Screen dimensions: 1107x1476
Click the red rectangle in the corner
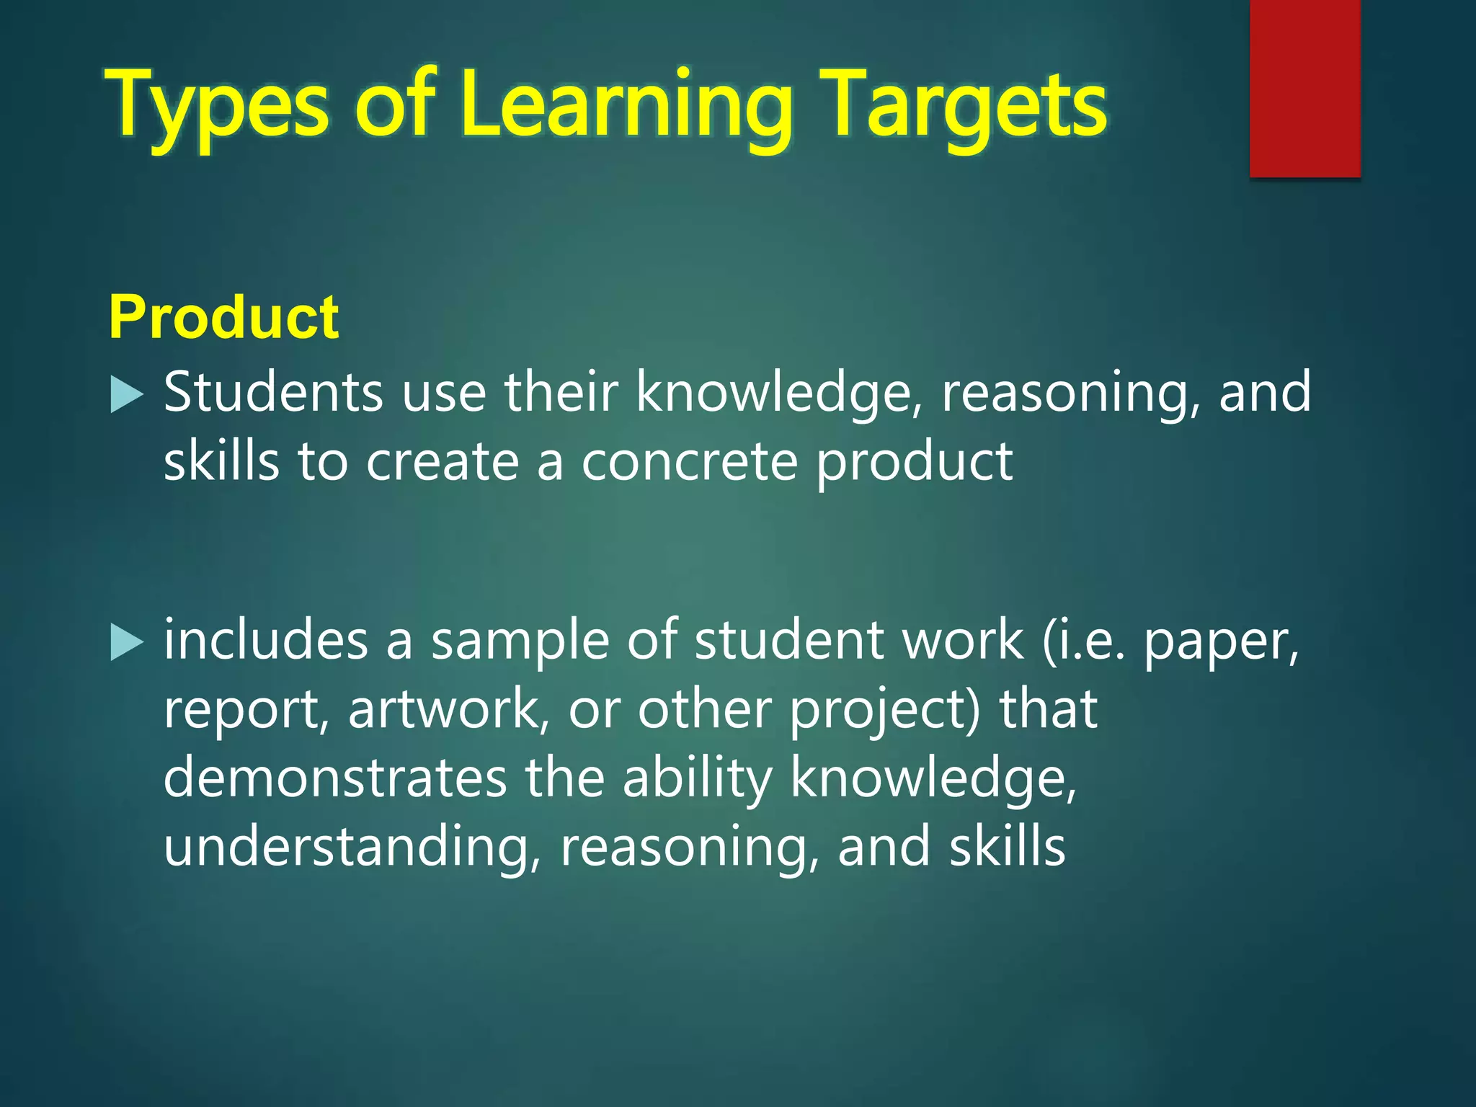coord(1304,88)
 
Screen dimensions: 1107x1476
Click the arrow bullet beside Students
coord(128,396)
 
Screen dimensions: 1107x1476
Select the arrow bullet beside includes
coord(128,642)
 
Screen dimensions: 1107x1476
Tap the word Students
coord(273,393)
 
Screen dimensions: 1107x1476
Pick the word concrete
coord(690,462)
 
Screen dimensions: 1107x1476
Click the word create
coord(443,462)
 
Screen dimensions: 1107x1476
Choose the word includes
coord(265,639)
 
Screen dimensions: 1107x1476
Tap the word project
coord(884,711)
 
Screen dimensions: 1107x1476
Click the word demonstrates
coord(335,778)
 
